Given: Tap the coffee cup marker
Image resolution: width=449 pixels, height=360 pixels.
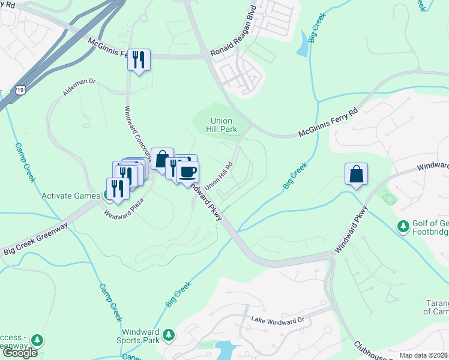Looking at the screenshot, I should click(x=188, y=172).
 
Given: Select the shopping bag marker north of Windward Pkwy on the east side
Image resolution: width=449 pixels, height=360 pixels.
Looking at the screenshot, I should click(x=356, y=174).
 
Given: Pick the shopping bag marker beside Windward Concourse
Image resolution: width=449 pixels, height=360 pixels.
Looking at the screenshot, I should click(x=162, y=159).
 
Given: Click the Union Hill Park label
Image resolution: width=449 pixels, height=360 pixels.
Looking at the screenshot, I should click(x=220, y=125).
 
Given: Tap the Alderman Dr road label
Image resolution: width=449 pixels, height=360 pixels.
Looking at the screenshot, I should click(x=79, y=88).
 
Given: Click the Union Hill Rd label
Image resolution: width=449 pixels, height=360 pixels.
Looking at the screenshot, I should click(x=218, y=176).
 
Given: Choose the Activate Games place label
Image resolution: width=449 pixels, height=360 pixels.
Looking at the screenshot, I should click(x=71, y=196).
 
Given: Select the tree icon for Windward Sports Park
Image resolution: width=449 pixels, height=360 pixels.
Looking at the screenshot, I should click(x=169, y=334).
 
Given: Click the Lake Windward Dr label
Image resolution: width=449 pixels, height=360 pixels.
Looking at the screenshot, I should click(x=278, y=320).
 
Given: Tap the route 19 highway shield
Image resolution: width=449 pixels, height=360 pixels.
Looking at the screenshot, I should click(x=21, y=90).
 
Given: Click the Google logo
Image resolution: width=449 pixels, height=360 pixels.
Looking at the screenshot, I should click(x=20, y=353).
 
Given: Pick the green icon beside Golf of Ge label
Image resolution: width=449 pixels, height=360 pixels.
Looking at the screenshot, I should click(x=403, y=227).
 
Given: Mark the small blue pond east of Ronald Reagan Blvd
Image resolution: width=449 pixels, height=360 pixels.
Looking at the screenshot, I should click(x=303, y=48).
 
